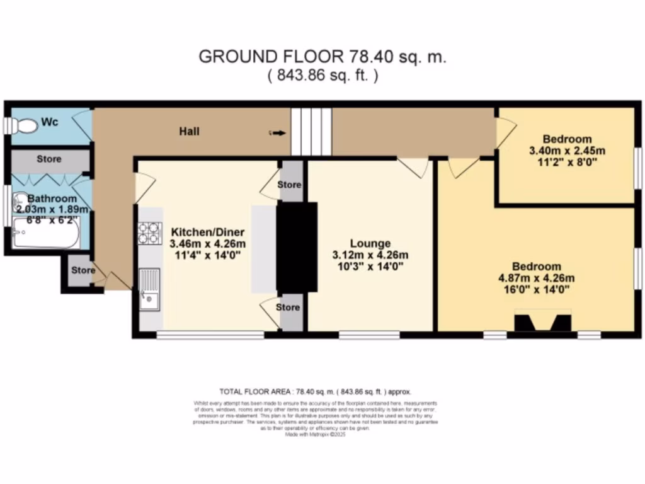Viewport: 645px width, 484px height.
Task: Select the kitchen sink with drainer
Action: [149, 289]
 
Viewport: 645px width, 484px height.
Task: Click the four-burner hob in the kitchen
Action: [150, 233]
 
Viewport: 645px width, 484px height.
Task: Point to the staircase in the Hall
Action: [311, 131]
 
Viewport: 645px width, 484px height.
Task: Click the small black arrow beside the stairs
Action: [278, 133]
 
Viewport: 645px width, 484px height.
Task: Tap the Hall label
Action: [189, 131]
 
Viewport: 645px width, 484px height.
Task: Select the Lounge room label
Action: [371, 243]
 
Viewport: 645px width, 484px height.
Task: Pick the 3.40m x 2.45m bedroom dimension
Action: [567, 151]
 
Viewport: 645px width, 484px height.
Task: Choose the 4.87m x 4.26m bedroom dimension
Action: [536, 278]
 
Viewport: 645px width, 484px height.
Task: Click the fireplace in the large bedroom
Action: [544, 321]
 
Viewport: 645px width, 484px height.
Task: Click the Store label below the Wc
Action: [49, 159]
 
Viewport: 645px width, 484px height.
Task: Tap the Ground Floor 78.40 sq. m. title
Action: [322, 57]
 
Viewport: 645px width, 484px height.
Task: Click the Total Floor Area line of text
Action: [315, 391]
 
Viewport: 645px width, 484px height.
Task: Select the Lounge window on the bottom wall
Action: [369, 335]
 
